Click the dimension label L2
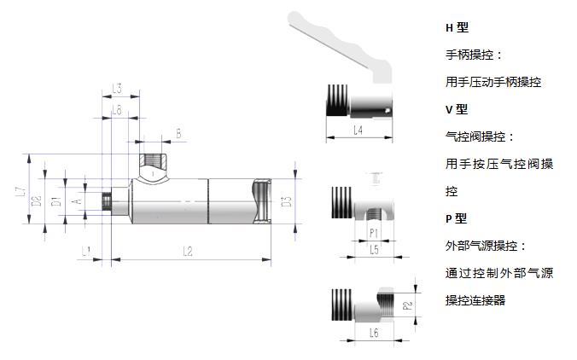pos(187,250)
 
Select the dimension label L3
pos(118,89)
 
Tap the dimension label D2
pos(37,201)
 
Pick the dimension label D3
pos(287,201)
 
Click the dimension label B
pos(178,133)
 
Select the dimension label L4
pos(359,131)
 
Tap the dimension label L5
pos(374,250)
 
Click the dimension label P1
pos(374,232)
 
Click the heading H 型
pos(457,28)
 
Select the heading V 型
pos(457,109)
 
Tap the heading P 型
pos(457,218)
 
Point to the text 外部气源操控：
pos(486,246)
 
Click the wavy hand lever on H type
pos(337,38)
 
